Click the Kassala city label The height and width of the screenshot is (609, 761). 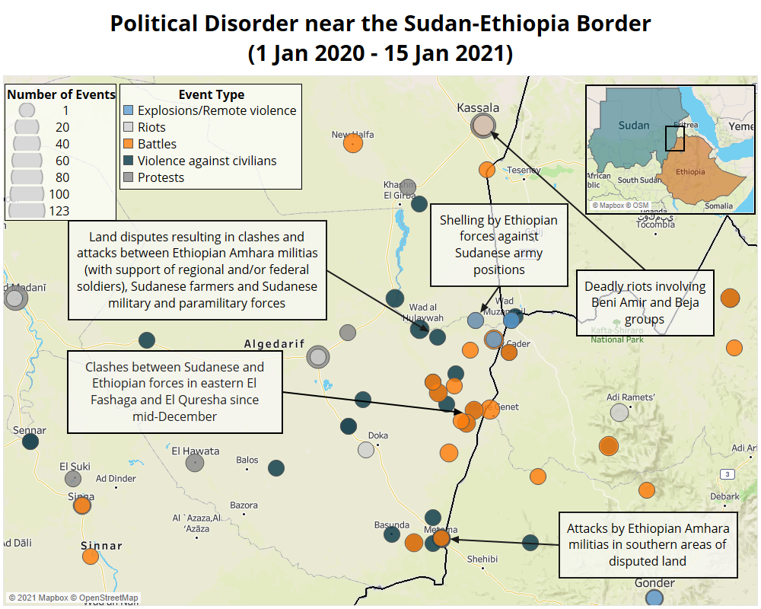[478, 107]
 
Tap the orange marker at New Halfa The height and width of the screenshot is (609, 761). [352, 143]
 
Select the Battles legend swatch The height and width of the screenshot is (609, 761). [129, 144]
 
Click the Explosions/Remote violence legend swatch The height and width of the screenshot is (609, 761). [129, 110]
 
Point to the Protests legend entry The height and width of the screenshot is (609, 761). [161, 177]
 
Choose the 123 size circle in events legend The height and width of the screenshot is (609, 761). [27, 211]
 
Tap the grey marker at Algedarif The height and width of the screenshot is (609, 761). [318, 356]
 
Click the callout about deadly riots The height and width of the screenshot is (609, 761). [645, 303]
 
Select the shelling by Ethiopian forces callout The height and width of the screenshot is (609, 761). [498, 244]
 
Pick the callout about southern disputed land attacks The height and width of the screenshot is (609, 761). [648, 544]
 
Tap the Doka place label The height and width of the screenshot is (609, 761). [378, 435]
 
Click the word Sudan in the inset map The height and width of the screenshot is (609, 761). [633, 125]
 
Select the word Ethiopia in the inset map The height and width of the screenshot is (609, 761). [691, 171]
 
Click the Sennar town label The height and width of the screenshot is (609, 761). [30, 430]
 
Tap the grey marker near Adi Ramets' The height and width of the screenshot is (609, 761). [619, 413]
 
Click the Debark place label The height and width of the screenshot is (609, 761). [724, 496]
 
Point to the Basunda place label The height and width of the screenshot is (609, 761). [392, 525]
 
